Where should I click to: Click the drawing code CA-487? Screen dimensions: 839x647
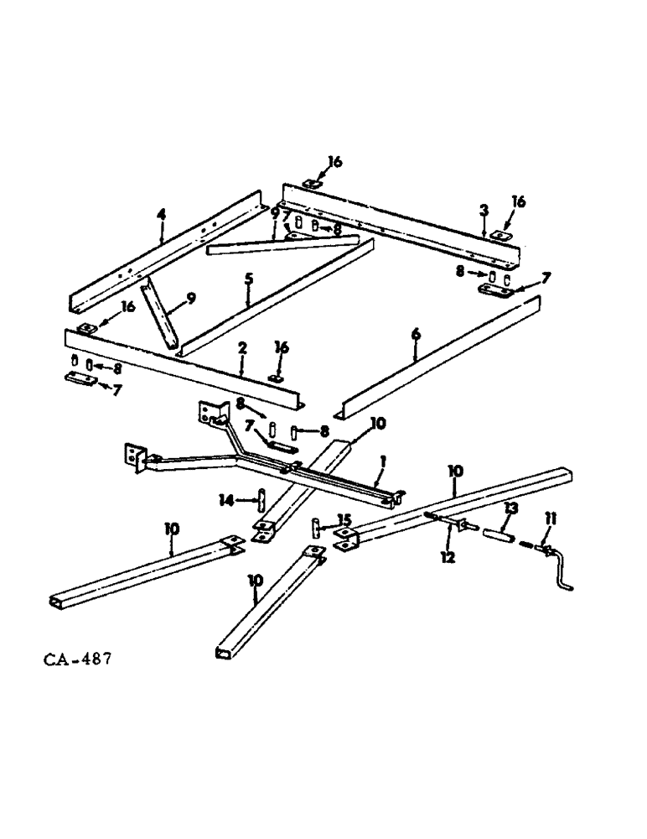[x=75, y=656]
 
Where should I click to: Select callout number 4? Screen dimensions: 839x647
[x=162, y=216]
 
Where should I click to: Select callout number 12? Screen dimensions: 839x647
[x=449, y=556]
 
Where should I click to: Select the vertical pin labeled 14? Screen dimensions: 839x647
[x=263, y=502]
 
